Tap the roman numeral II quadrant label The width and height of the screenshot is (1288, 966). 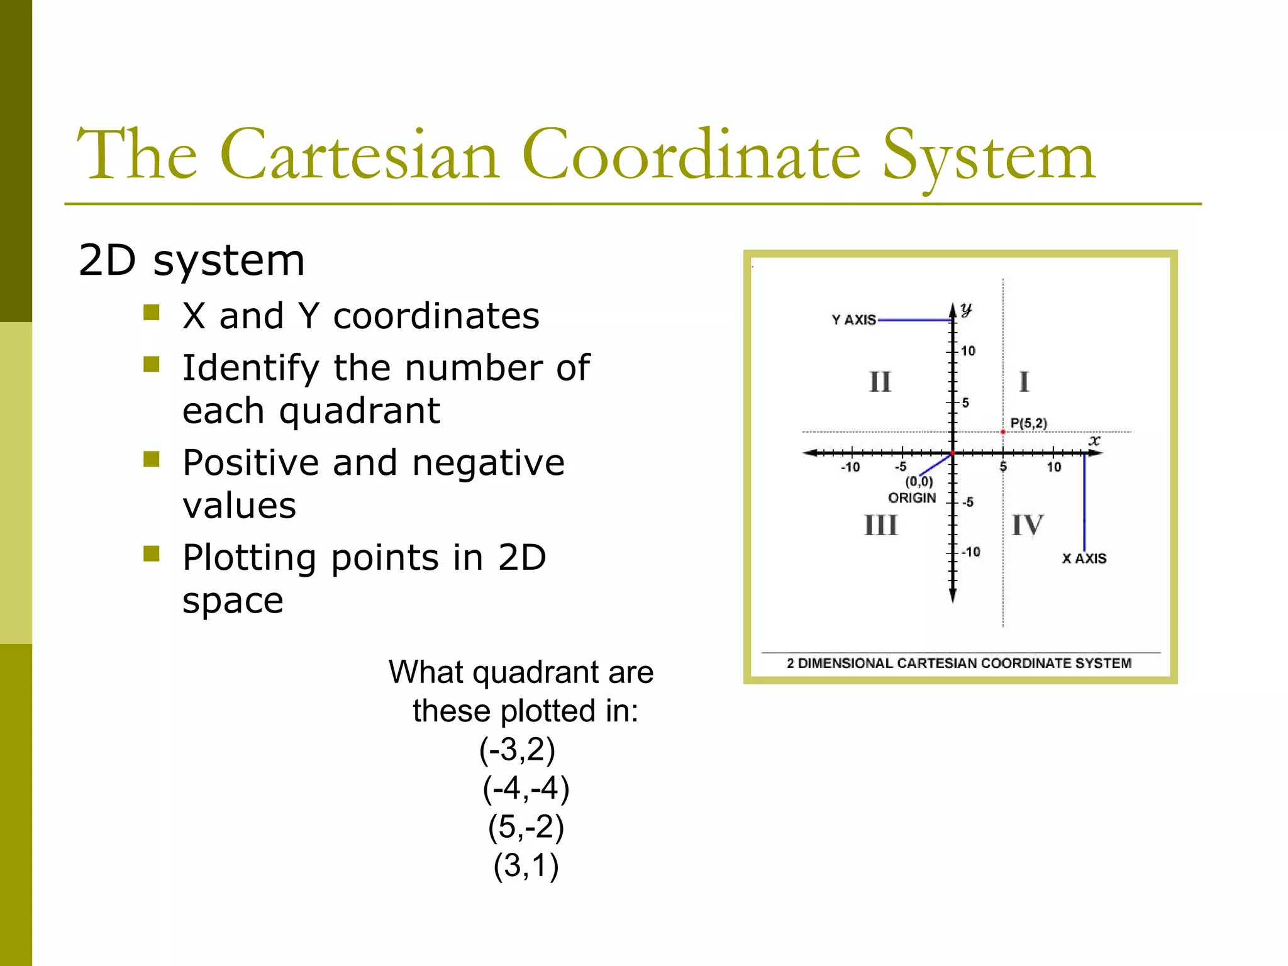(x=880, y=382)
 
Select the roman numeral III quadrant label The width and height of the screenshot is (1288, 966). (x=880, y=525)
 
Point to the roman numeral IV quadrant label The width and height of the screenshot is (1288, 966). (x=1027, y=525)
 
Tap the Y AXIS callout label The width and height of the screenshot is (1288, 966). (x=853, y=320)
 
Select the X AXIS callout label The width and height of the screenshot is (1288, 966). (x=1084, y=558)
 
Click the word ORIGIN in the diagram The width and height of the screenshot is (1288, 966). (x=912, y=498)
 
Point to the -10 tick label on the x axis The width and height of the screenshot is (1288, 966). (x=850, y=467)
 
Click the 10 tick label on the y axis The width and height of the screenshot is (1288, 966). (x=968, y=351)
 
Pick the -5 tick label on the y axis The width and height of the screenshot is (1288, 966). (x=968, y=502)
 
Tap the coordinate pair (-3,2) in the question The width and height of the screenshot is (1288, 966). (x=517, y=750)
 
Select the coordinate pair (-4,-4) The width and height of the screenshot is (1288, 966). (x=526, y=789)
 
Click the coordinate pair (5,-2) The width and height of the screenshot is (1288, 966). (x=526, y=827)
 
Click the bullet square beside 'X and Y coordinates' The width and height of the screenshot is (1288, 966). (x=152, y=313)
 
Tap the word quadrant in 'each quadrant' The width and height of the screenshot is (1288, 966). (x=359, y=412)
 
